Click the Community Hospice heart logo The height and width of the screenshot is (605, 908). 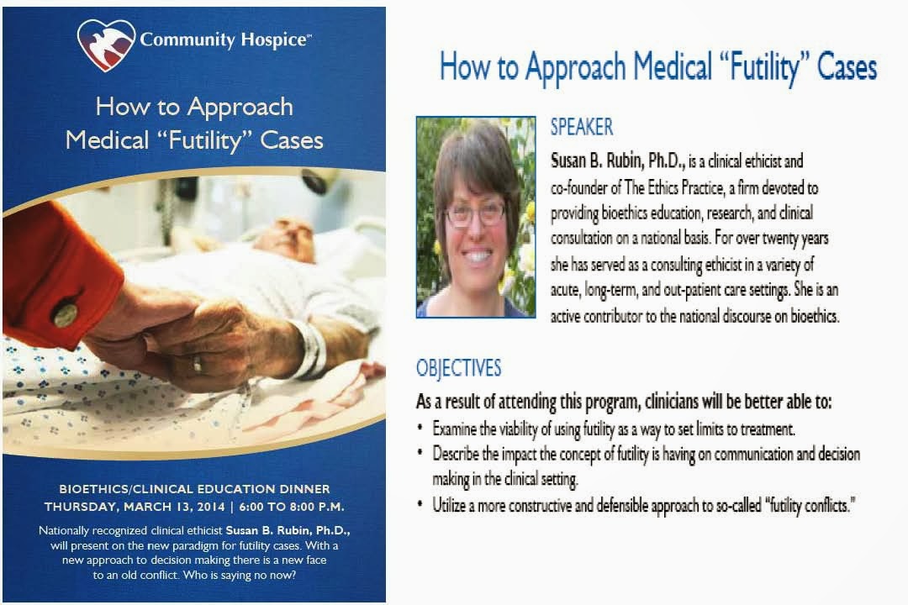tap(106, 45)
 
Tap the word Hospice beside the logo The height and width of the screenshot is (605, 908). tap(274, 40)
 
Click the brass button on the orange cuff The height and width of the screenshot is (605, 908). tap(66, 314)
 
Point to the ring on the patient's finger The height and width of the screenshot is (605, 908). tap(198, 364)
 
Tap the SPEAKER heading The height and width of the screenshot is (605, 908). tap(582, 127)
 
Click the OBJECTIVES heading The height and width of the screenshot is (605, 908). tap(459, 368)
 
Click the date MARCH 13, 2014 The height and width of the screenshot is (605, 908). tap(174, 507)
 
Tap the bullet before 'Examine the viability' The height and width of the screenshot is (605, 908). tap(420, 429)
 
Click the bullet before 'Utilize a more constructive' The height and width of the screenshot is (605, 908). tap(420, 505)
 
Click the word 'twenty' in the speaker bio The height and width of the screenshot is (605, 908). tap(784, 238)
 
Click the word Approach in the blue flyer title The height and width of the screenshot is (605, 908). tap(240, 108)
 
